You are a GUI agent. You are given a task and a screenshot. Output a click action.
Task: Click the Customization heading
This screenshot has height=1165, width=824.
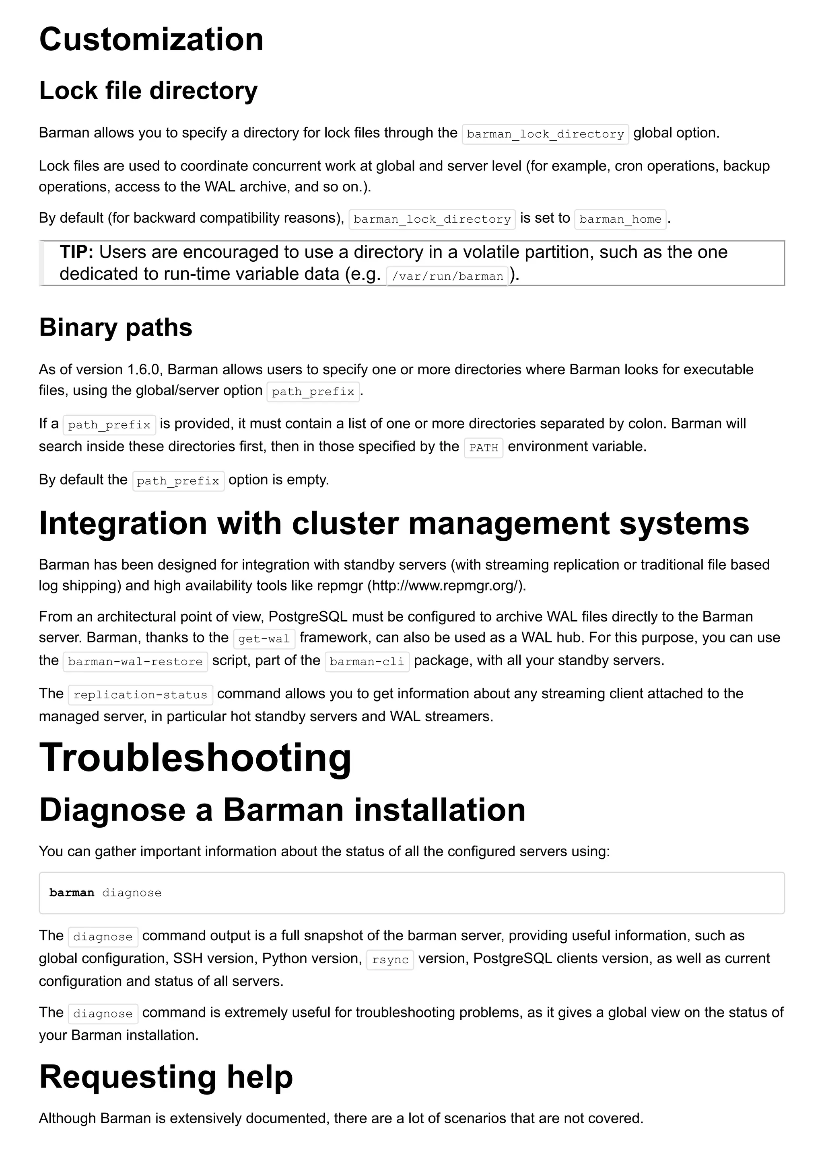tap(151, 39)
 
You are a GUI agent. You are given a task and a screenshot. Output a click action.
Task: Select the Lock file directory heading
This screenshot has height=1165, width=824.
tap(148, 91)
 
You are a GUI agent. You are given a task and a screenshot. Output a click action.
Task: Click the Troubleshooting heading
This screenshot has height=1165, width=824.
tap(195, 757)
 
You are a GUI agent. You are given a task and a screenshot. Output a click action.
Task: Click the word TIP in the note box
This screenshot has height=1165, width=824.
tap(76, 252)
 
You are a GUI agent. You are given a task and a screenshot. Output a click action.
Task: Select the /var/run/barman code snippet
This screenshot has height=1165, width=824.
tap(447, 276)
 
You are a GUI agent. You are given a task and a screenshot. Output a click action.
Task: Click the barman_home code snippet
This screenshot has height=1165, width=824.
tap(620, 219)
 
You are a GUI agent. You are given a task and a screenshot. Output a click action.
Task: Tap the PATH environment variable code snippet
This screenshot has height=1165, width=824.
tap(483, 447)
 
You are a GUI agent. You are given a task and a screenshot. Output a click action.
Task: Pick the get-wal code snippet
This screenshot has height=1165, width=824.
tap(264, 639)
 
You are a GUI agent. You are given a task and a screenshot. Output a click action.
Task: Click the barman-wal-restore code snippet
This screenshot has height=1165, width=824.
tap(135, 662)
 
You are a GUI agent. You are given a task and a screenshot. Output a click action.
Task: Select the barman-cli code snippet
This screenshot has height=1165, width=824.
tap(367, 662)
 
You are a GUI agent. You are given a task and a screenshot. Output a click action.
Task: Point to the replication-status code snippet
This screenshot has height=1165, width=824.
tap(140, 695)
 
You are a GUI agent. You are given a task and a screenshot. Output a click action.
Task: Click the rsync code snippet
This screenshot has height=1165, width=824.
tap(390, 960)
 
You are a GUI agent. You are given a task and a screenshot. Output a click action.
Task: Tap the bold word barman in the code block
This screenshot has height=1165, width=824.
tap(72, 892)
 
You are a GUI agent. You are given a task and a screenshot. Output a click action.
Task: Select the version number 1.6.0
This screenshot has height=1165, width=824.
tap(144, 369)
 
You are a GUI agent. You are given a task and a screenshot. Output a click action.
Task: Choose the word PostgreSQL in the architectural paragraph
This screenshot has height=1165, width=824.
tap(308, 617)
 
